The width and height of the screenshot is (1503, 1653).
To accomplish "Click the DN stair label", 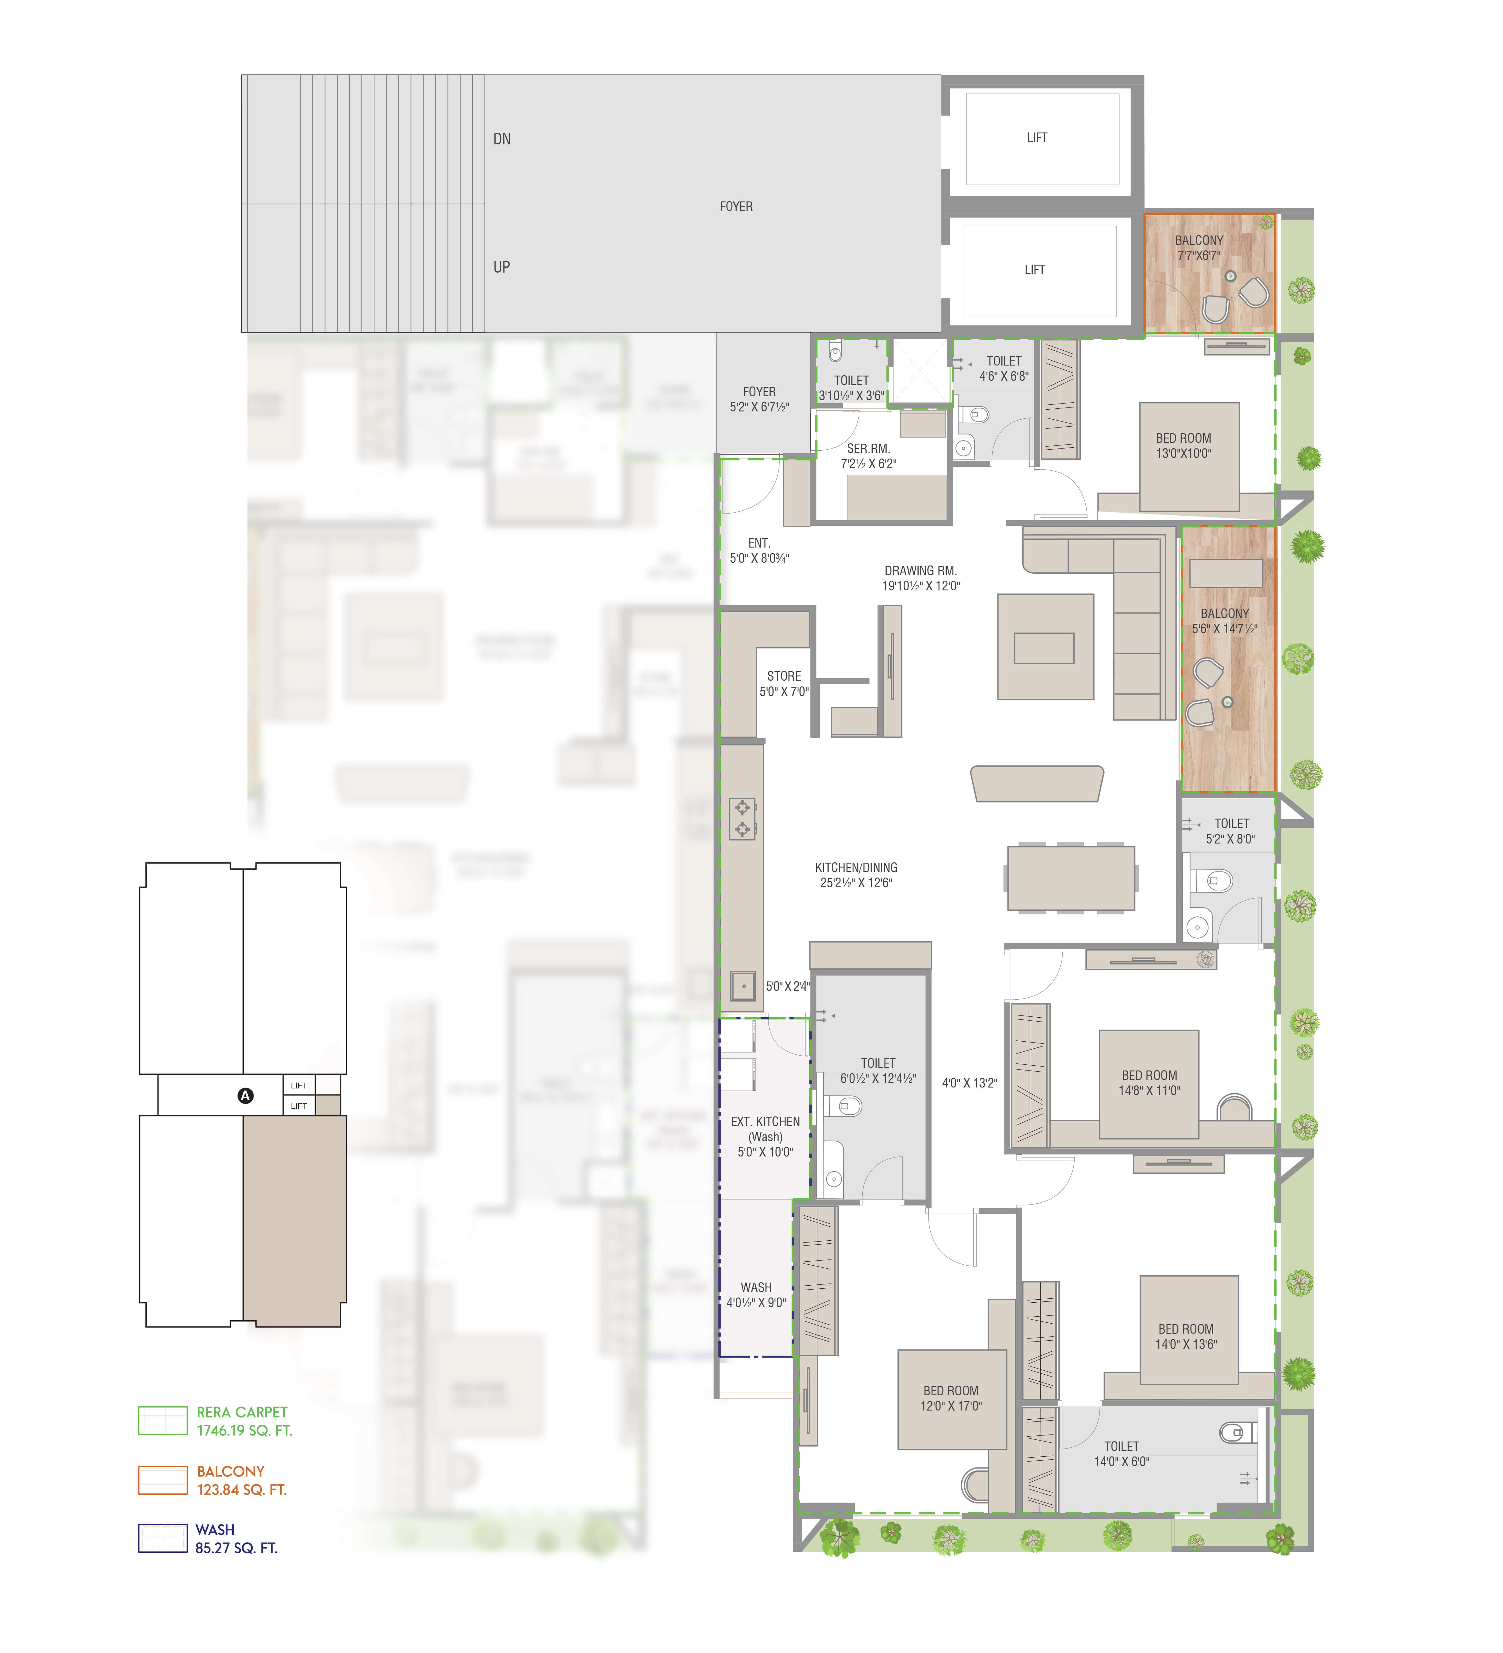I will click(502, 139).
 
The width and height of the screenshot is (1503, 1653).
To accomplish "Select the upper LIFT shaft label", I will click(1037, 138).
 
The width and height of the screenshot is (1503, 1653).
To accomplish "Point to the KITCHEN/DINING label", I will click(856, 868).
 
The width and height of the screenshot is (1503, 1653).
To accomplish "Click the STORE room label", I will click(783, 676).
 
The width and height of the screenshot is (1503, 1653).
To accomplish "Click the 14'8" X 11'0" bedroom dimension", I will click(1149, 1091).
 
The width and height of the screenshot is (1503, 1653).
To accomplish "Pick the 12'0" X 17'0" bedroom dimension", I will click(951, 1405).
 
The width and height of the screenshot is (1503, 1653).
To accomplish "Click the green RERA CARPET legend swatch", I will click(162, 1420).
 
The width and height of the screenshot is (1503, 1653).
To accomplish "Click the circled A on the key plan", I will click(245, 1095).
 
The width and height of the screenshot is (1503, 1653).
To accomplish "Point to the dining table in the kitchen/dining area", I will click(1070, 878).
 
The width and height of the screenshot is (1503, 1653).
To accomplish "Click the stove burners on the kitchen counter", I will click(742, 818).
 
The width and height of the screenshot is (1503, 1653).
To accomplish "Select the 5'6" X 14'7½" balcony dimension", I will click(1224, 629).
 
